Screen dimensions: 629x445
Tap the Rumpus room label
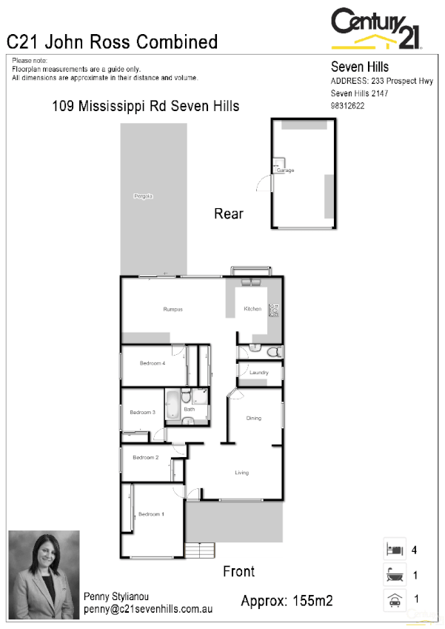click(173, 309)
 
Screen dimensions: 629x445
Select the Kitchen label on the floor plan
click(252, 309)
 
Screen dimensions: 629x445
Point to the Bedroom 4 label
click(153, 362)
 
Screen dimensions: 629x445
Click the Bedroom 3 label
click(142, 412)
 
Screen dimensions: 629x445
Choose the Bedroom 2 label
click(146, 457)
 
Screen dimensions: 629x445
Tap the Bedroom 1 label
click(150, 513)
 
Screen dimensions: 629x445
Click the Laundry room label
click(258, 372)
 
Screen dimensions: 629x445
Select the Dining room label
click(254, 418)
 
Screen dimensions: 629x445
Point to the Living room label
click(242, 472)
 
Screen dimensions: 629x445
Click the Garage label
click(286, 170)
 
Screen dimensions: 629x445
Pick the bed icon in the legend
click(394, 550)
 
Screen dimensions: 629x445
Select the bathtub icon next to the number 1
click(394, 574)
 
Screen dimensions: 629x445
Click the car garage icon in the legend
click(394, 599)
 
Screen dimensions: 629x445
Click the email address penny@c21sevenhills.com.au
click(148, 608)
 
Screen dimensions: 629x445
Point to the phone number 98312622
click(347, 106)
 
